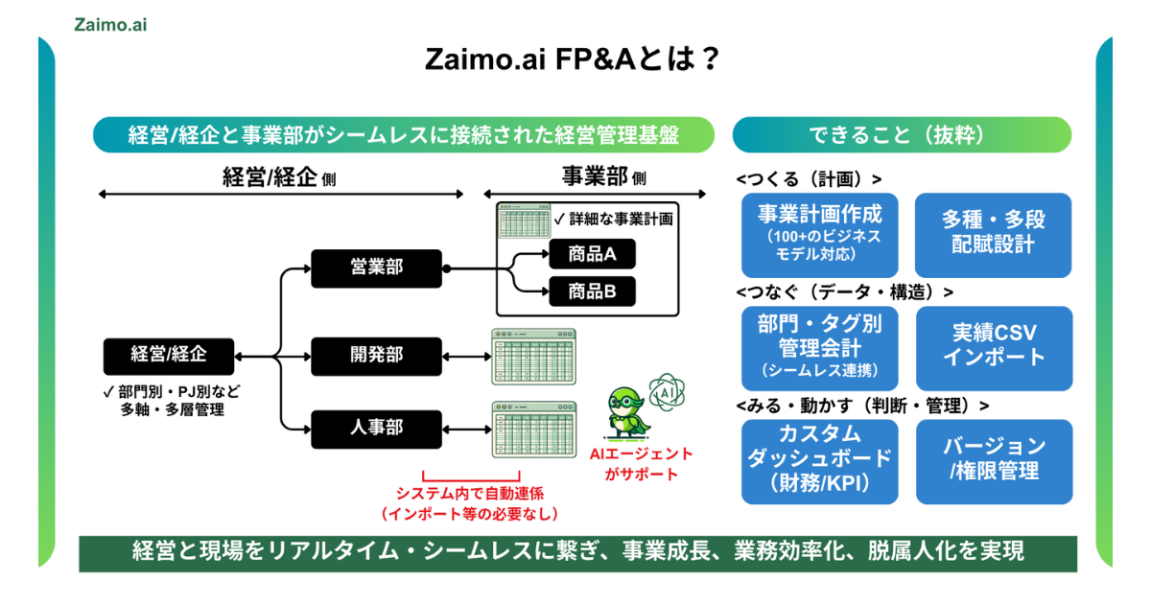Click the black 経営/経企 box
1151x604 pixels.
(168, 356)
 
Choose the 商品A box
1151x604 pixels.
(592, 254)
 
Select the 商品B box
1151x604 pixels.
(592, 291)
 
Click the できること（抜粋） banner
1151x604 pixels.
(902, 135)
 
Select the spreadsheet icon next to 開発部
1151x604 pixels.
(533, 357)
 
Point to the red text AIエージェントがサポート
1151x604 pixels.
(642, 464)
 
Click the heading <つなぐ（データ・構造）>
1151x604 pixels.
(845, 291)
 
